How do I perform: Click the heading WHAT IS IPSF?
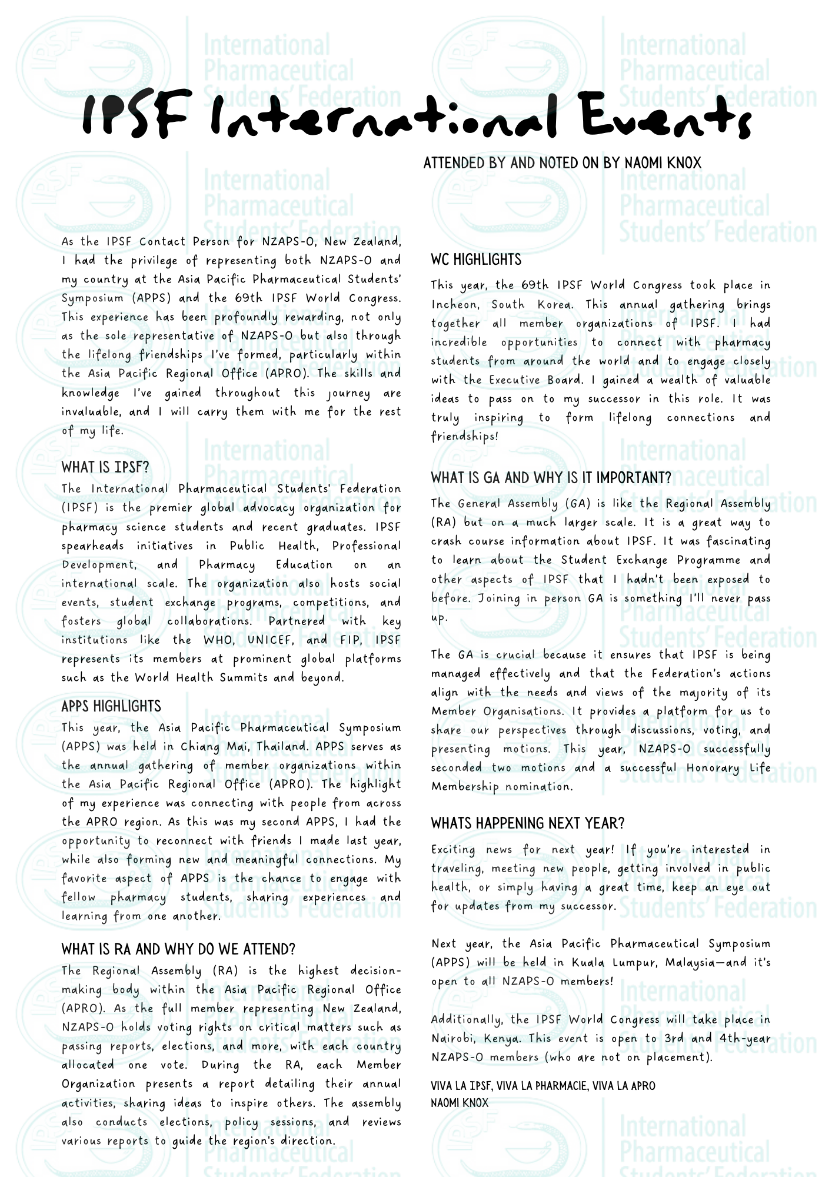[105, 467]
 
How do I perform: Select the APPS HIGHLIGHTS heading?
[111, 706]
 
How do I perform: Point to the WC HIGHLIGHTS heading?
[476, 260]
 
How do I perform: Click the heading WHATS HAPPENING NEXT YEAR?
[527, 823]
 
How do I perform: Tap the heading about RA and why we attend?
[178, 949]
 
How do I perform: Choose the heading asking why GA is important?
[551, 478]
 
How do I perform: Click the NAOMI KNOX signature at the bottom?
[460, 1103]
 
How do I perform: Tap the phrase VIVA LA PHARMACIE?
[541, 1086]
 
